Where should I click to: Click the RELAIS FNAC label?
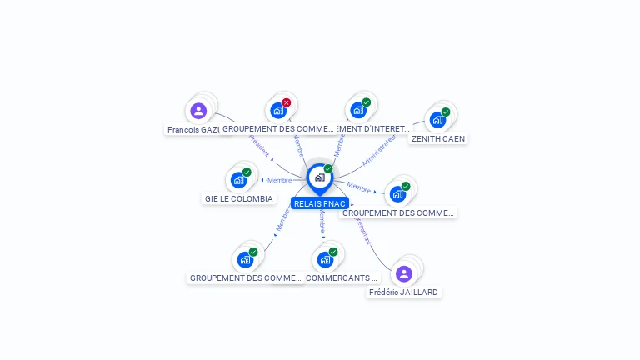point(320,203)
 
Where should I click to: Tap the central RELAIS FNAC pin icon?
point(320,177)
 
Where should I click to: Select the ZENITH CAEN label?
point(438,138)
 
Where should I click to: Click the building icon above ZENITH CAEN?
point(437,119)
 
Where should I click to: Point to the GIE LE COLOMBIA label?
point(239,199)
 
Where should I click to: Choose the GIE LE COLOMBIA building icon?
point(239,179)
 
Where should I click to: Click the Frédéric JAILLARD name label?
point(404,292)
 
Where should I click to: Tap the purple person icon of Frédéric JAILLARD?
point(404,273)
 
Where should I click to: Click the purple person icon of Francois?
point(198,111)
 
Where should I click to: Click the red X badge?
point(287,102)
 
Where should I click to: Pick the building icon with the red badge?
point(278,110)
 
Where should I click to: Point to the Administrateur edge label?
point(380,150)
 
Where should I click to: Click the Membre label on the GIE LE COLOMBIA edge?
point(280,180)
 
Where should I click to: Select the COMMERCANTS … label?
point(342,277)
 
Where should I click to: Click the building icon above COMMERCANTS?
point(325,259)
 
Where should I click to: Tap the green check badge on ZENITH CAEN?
point(446,112)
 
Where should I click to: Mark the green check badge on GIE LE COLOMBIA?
point(247,172)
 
